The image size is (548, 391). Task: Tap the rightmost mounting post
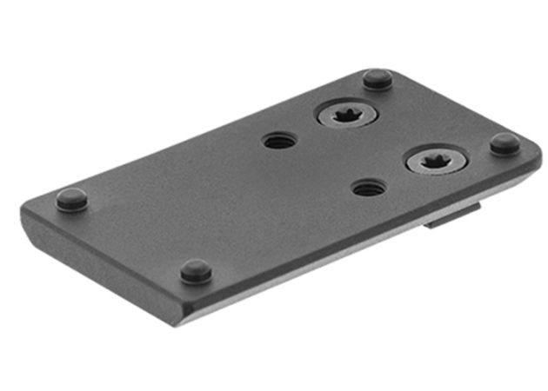click(x=504, y=143)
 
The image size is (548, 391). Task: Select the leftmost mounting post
click(x=71, y=199)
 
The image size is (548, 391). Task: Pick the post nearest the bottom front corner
click(x=196, y=271)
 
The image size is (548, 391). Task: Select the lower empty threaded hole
click(x=368, y=187)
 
